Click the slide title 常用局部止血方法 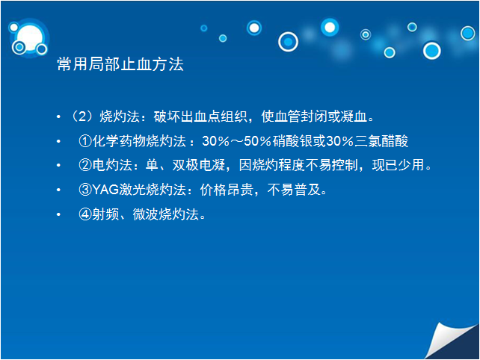click(120, 64)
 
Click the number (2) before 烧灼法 click(81, 117)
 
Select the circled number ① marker click(85, 141)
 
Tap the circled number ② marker click(85, 165)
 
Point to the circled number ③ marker click(85, 190)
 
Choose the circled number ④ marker click(85, 214)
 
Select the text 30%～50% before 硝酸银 click(236, 141)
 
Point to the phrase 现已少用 click(399, 165)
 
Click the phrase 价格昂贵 click(227, 190)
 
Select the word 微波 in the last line click(146, 214)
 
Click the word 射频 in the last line click(105, 214)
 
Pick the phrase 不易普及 click(294, 190)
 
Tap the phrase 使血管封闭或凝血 click(314, 117)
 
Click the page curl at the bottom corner click(451, 341)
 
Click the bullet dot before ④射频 click(58, 214)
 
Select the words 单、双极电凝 click(185, 165)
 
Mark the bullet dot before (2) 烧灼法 click(58, 117)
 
